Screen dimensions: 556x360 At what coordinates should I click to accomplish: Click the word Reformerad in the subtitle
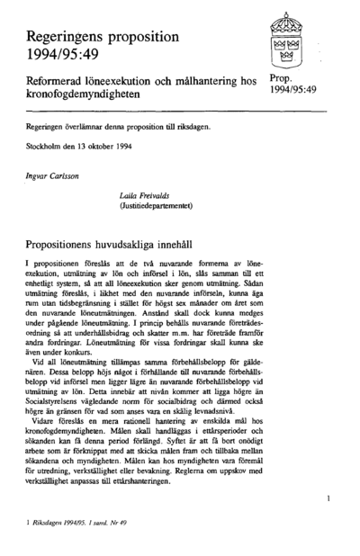coord(58,82)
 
